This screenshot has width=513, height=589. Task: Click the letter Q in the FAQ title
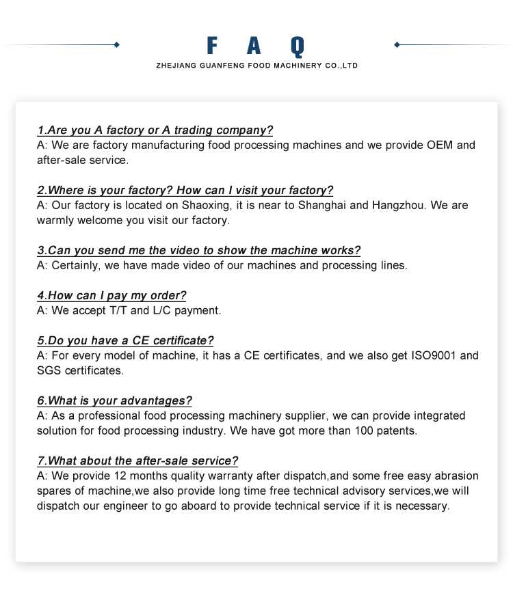pyautogui.click(x=296, y=46)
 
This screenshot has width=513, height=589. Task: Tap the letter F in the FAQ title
pyautogui.click(x=212, y=46)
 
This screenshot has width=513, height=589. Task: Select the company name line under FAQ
pyautogui.click(x=256, y=66)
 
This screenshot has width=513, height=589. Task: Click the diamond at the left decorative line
pyautogui.click(x=117, y=44)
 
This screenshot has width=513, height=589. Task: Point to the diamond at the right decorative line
pyautogui.click(x=397, y=44)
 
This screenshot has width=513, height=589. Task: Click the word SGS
pyautogui.click(x=49, y=371)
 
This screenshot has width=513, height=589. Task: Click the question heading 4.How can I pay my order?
pyautogui.click(x=111, y=296)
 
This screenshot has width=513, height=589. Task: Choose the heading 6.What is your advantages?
pyautogui.click(x=114, y=401)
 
